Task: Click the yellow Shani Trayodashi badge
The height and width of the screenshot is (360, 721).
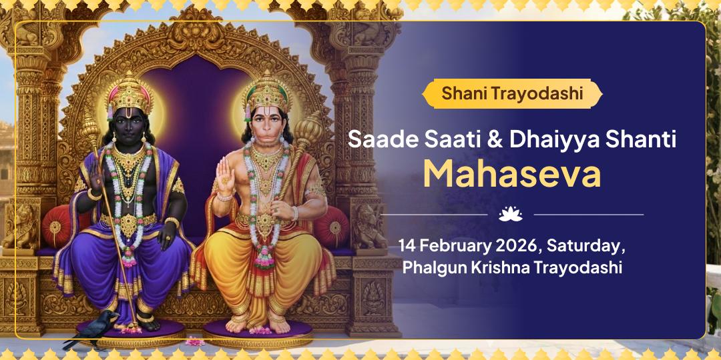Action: coord(511,94)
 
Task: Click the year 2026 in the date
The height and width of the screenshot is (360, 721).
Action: coord(519,245)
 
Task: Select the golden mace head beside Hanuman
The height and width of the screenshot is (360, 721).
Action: coord(309,128)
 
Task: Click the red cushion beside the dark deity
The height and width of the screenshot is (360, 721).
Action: coord(61,224)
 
